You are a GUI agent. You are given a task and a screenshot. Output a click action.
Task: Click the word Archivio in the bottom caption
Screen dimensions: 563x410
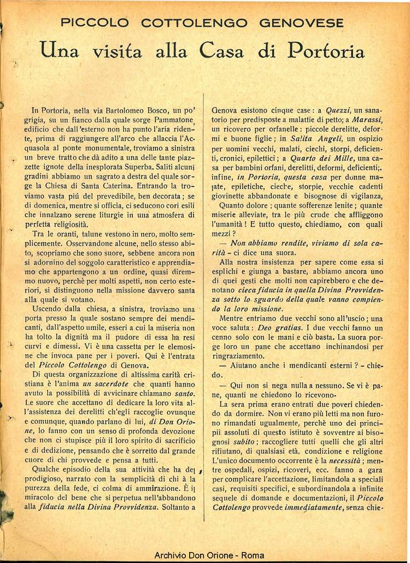(x=171, y=555)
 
